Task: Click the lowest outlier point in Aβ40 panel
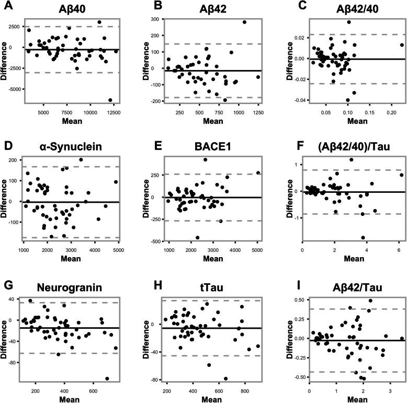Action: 110,100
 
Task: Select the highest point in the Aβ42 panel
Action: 244,22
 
